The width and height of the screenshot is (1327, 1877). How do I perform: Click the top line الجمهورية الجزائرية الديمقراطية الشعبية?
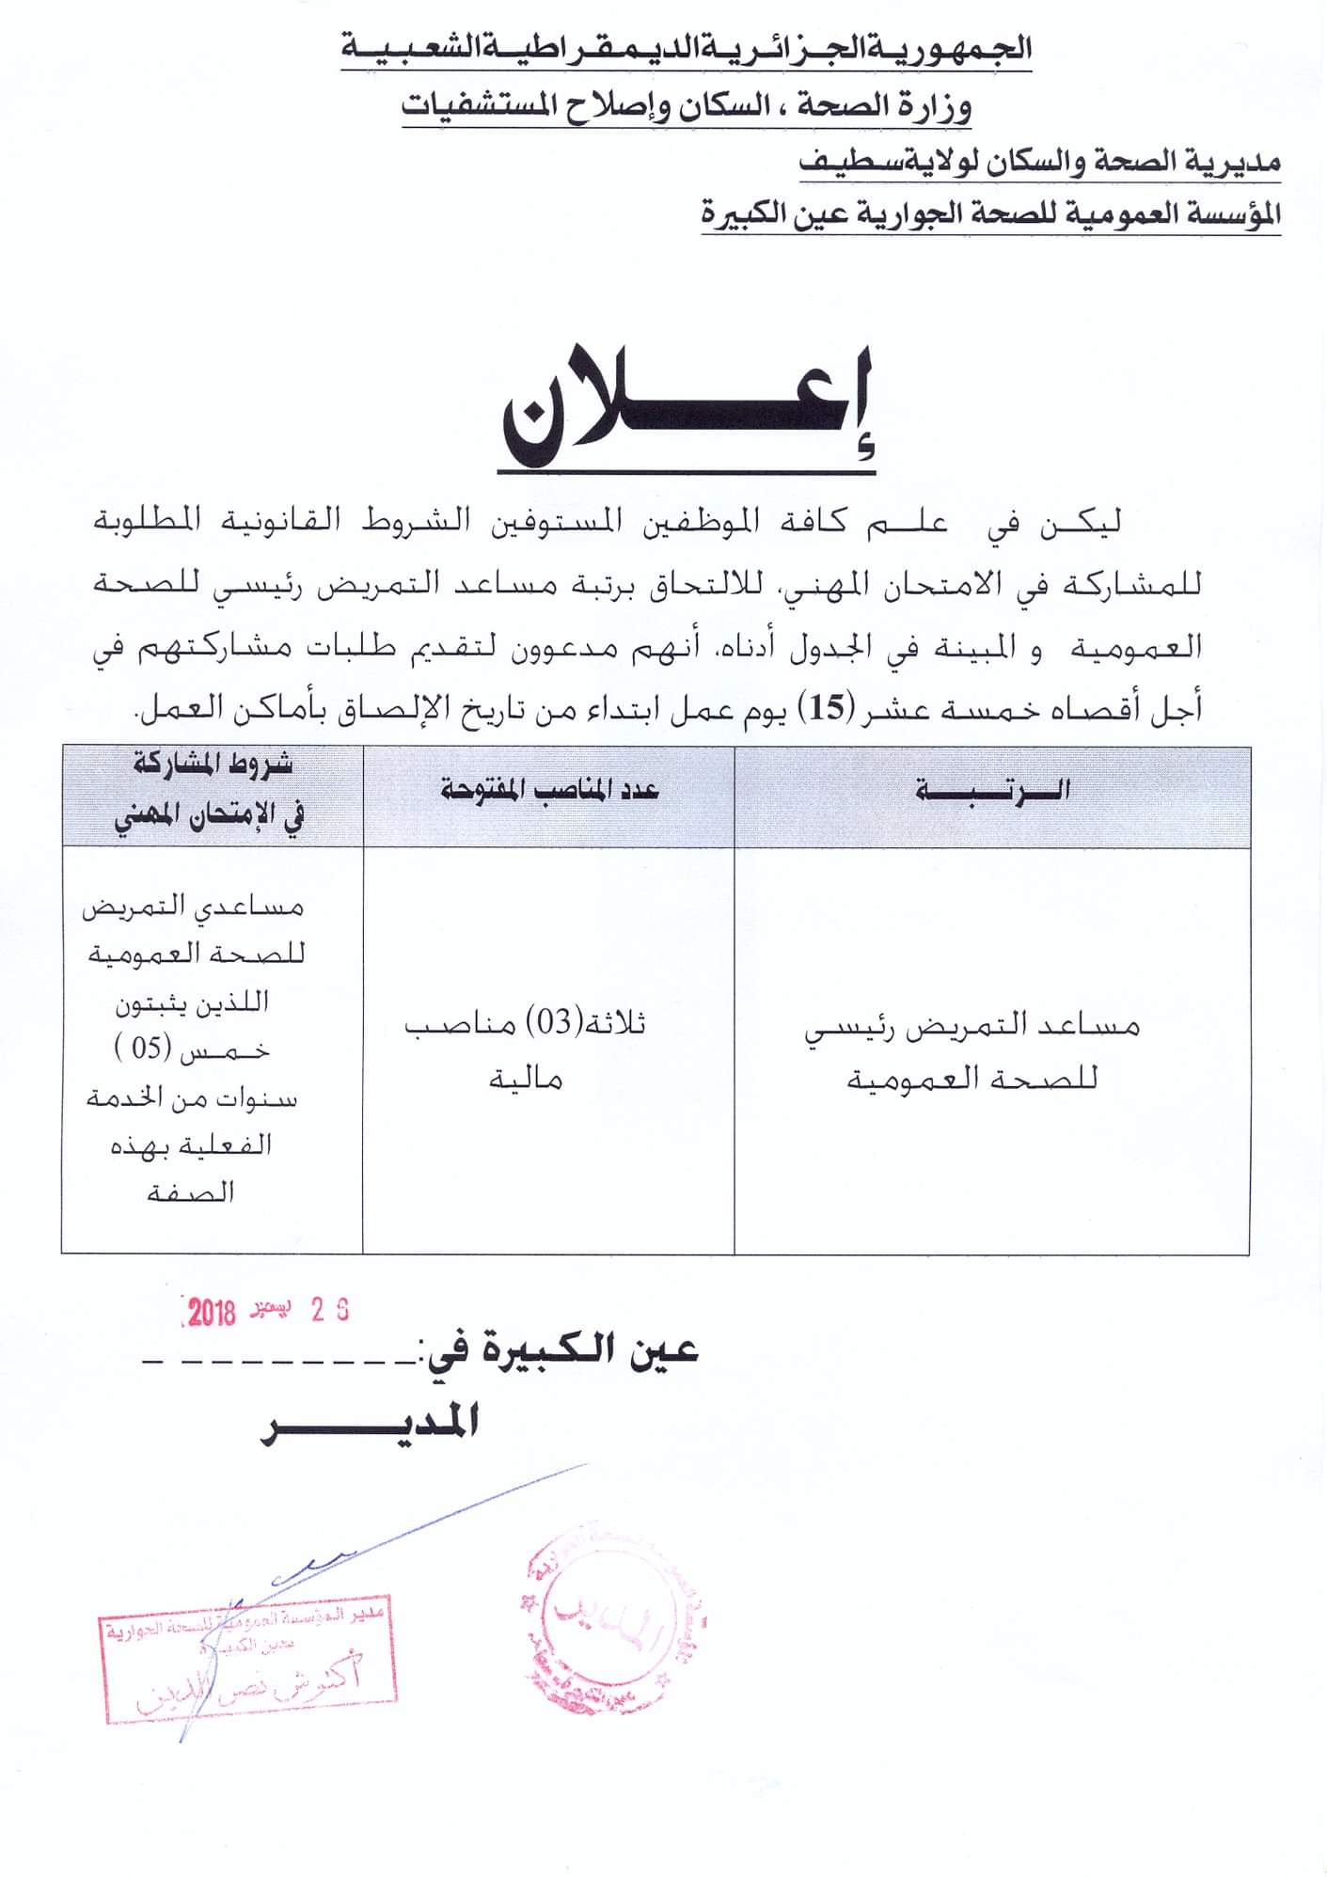pos(687,48)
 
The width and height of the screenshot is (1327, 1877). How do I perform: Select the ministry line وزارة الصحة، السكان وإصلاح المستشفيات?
pos(687,106)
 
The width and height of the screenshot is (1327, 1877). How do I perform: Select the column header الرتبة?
pos(992,791)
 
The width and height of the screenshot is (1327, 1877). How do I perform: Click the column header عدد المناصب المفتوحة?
pos(549,791)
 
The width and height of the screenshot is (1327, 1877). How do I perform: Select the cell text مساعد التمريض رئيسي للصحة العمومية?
pos(972,1050)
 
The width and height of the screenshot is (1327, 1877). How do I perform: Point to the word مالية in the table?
pos(526,1078)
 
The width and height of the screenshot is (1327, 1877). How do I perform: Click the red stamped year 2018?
pos(211,1313)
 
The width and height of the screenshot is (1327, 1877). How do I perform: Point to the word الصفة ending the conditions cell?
pos(191,1192)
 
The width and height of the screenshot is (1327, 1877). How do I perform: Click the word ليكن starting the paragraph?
pos(1082,523)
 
